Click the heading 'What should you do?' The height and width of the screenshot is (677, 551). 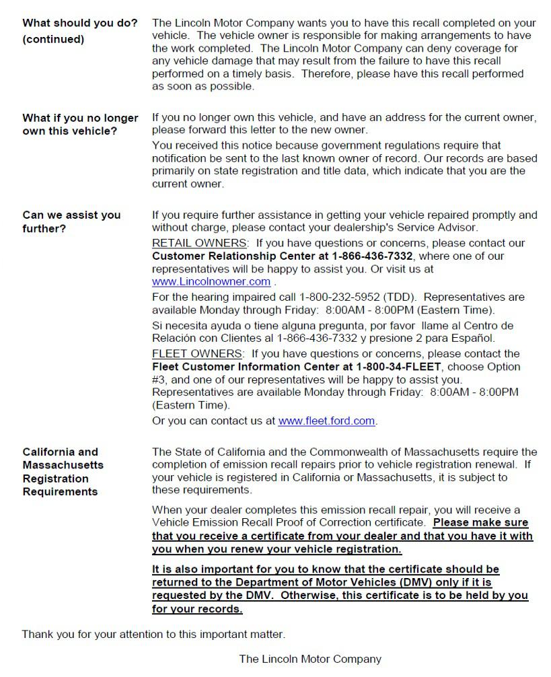pyautogui.click(x=79, y=23)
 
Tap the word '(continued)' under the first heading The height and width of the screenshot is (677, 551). pyautogui.click(x=53, y=39)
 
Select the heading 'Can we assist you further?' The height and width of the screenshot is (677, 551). pyautogui.click(x=71, y=222)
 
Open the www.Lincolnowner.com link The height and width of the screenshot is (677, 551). pyautogui.click(x=211, y=282)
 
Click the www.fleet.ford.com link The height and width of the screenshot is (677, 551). pyautogui.click(x=326, y=421)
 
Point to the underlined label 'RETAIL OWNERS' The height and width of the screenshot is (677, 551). pyautogui.click(x=198, y=243)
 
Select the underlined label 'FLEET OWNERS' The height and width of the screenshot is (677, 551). pyautogui.click(x=196, y=353)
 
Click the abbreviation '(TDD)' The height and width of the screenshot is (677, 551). pyautogui.click(x=400, y=297)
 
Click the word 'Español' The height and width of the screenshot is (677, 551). pyautogui.click(x=474, y=337)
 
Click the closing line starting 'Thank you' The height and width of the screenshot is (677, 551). pyautogui.click(x=153, y=634)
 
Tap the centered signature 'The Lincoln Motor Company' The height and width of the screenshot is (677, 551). pyautogui.click(x=310, y=660)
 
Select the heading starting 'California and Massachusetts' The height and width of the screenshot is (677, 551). pyautogui.click(x=63, y=472)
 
